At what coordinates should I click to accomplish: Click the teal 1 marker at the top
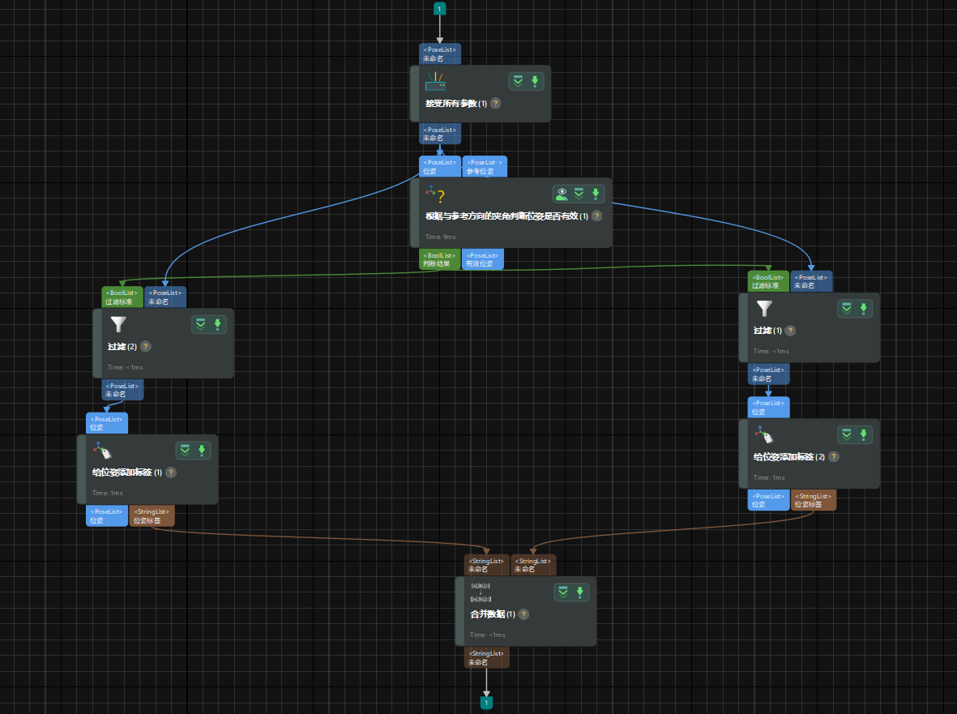[x=440, y=9]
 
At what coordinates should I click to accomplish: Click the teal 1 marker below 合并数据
[x=486, y=703]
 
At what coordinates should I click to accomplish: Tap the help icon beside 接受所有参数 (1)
[x=495, y=104]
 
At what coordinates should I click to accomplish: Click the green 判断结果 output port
[x=440, y=259]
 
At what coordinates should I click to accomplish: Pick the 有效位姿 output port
[x=482, y=259]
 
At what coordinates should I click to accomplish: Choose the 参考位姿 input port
[x=485, y=166]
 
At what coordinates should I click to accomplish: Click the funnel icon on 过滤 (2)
[x=118, y=324]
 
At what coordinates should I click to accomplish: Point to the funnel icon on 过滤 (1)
[x=764, y=308]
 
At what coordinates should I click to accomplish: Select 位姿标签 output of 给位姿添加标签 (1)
[x=152, y=515]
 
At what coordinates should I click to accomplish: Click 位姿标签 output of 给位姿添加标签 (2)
[x=813, y=500]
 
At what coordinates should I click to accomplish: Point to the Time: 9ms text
[x=441, y=237]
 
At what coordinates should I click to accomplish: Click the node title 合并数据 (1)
[x=493, y=614]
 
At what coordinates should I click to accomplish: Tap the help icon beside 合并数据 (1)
[x=523, y=614]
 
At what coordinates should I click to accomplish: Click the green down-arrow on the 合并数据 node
[x=580, y=592]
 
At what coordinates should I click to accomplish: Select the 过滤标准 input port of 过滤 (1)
[x=768, y=280]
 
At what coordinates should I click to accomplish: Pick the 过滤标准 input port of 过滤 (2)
[x=122, y=297]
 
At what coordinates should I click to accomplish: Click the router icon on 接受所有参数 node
[x=436, y=81]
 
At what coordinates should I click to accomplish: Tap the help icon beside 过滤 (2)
[x=146, y=346]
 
